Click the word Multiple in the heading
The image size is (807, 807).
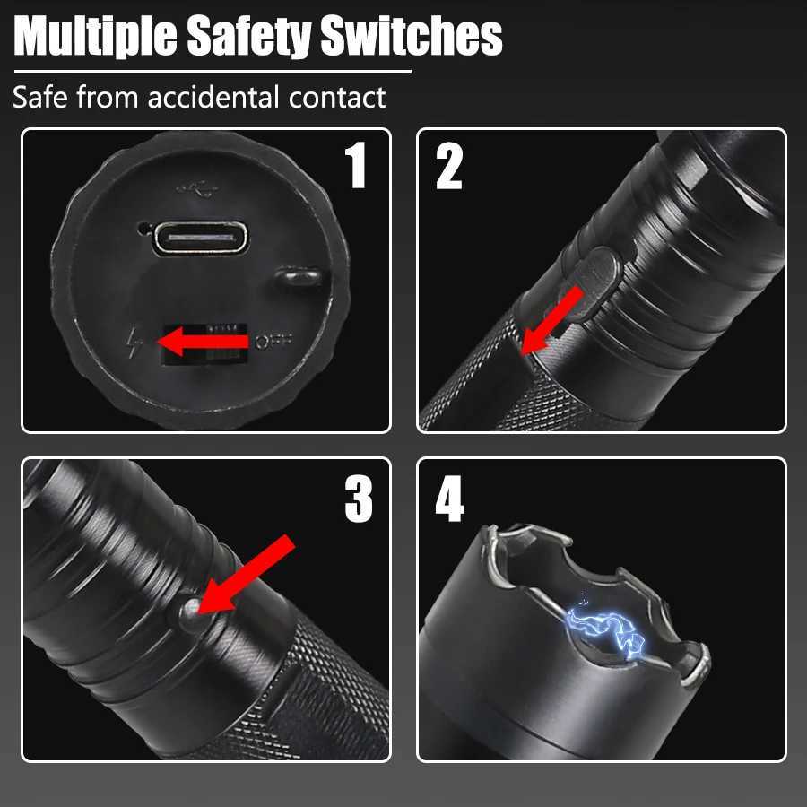pos(96,37)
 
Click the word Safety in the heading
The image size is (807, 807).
pos(248,37)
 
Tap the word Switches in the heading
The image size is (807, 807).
pos(412,36)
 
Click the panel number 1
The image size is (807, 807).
pos(356,165)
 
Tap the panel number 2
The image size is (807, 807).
pos(449,166)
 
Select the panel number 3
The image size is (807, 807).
pos(359,499)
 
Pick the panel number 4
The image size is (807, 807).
pos(449,499)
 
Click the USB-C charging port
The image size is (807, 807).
pos(201,239)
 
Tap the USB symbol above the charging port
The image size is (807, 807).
pos(196,189)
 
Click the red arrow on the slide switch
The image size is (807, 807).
pos(204,342)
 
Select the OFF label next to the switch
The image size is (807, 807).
pos(273,341)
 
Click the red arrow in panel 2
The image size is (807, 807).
pos(551,321)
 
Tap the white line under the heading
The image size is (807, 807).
pos(213,72)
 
